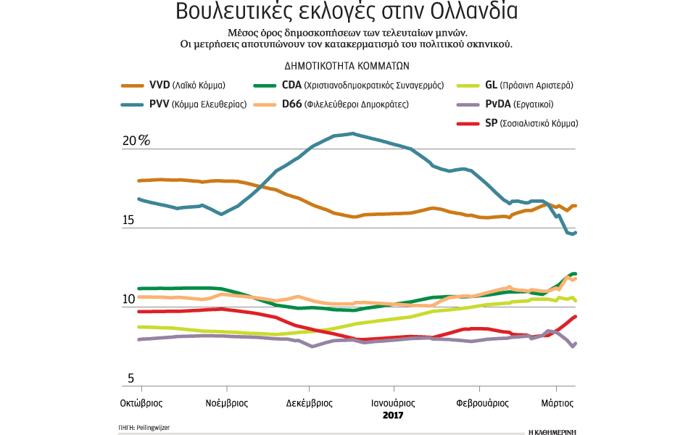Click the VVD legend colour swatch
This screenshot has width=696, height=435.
pos(130,84)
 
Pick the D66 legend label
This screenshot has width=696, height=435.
pos(347,104)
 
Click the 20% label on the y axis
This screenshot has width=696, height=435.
pos(136,141)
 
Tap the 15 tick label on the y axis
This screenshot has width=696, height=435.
pos(128,220)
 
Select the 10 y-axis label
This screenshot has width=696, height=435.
pos(128,299)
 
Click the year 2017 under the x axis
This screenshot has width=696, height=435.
pos(392,416)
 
